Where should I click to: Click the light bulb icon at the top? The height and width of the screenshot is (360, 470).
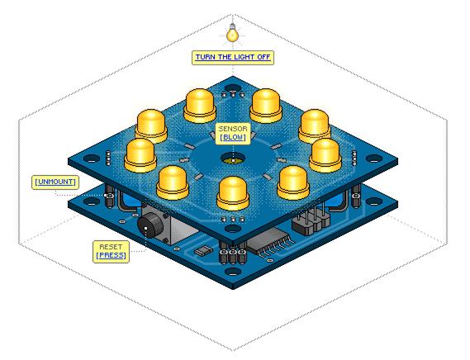point(232,33)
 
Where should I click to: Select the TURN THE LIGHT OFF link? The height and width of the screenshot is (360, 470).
point(233,57)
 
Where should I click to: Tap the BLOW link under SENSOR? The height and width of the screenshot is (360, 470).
point(233,137)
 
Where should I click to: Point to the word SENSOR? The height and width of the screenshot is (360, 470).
point(233,129)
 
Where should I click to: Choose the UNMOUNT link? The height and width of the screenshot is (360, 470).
point(55,182)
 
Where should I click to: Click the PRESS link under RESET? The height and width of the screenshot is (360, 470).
point(112,255)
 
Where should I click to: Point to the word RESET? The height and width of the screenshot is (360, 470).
point(111,247)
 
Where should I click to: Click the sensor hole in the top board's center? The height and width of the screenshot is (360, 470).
point(233,159)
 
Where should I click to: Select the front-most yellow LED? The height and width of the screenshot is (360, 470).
point(233,193)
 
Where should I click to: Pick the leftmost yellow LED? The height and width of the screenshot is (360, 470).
point(140,155)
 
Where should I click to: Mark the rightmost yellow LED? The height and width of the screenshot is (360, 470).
point(325,155)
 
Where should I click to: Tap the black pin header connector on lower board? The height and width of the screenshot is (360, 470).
point(311,222)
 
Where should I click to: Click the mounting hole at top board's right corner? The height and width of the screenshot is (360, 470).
point(374,159)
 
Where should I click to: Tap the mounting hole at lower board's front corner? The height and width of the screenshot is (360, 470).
point(233,272)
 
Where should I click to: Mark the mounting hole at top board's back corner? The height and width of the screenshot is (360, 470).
point(233,88)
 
